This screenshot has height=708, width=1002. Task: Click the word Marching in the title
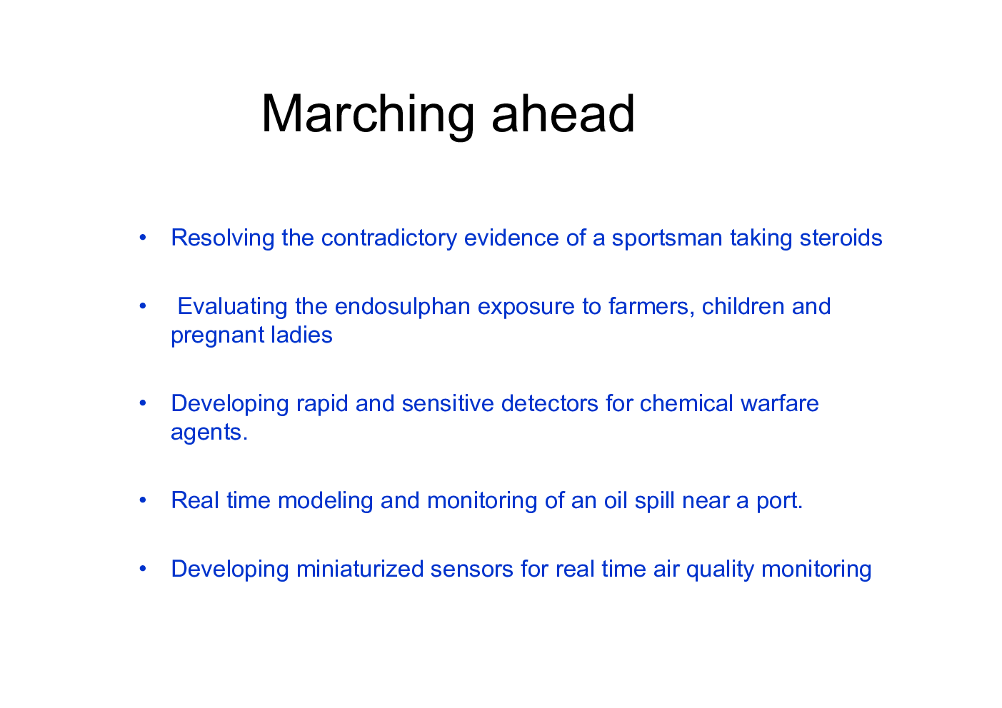pos(368,115)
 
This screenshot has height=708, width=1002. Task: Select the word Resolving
pos(223,238)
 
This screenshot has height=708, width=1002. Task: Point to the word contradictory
pos(389,238)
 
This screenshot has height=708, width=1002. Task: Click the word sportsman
pos(667,238)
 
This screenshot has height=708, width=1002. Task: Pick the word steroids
pos(841,238)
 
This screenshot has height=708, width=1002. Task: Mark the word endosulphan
pos(403,307)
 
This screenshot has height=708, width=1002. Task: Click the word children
pos(743,306)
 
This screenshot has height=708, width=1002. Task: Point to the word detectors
pos(550,403)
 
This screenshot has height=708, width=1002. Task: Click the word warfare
pos(780,403)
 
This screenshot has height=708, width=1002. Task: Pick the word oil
pos(616,500)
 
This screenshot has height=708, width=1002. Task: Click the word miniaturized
pos(360,569)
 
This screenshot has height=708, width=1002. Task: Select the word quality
pos(720,570)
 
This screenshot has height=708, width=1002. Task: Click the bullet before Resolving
pos(143,238)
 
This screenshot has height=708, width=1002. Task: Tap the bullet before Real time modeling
pos(143,500)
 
